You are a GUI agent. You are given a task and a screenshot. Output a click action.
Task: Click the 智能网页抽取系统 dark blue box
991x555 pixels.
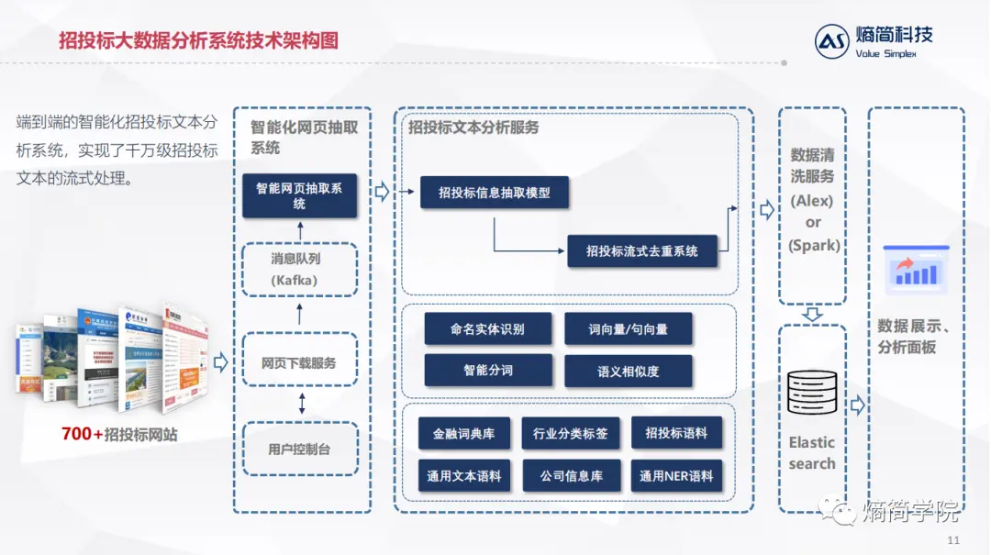(299, 195)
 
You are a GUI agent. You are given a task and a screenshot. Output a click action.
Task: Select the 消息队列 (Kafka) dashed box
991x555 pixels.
(299, 270)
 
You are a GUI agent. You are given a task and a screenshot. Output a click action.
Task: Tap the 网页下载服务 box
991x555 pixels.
(299, 362)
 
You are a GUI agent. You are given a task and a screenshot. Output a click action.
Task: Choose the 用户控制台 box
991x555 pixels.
(299, 450)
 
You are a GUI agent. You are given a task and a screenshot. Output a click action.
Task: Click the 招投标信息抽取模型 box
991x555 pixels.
(495, 193)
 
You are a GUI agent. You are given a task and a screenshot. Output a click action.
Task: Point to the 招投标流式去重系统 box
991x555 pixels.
(641, 250)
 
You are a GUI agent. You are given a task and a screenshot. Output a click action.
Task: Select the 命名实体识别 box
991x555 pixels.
(487, 328)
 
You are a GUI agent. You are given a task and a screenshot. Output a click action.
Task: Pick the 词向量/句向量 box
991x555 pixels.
(628, 328)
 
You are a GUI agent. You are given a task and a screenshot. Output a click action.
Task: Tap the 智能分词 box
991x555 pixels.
(487, 371)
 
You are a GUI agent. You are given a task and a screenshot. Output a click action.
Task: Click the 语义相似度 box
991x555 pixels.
(628, 371)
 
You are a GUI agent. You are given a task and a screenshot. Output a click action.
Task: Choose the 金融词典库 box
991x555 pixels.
(464, 433)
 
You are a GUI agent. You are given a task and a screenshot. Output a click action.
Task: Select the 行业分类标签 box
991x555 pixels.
(570, 433)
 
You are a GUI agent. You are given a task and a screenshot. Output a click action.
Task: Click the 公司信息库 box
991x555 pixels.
(570, 476)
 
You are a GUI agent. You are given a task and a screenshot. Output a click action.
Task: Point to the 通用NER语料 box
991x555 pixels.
(676, 476)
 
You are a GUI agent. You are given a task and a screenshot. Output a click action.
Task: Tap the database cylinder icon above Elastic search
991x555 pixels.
(812, 392)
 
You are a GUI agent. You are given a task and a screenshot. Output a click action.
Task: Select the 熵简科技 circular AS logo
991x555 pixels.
(832, 41)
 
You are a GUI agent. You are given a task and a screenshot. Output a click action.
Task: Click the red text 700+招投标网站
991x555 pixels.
(119, 434)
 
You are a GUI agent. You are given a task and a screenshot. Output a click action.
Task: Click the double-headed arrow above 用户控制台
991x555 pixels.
(301, 404)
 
